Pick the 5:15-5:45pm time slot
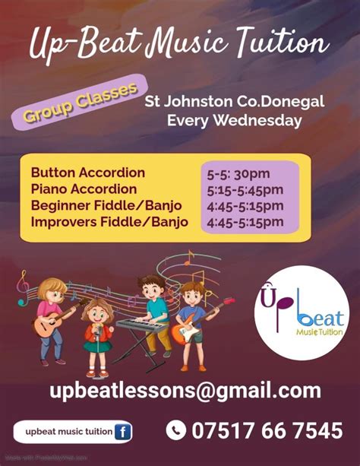coord(245,189)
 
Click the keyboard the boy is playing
coord(144,325)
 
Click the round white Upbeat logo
coord(301,312)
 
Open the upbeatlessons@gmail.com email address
coord(185,392)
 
